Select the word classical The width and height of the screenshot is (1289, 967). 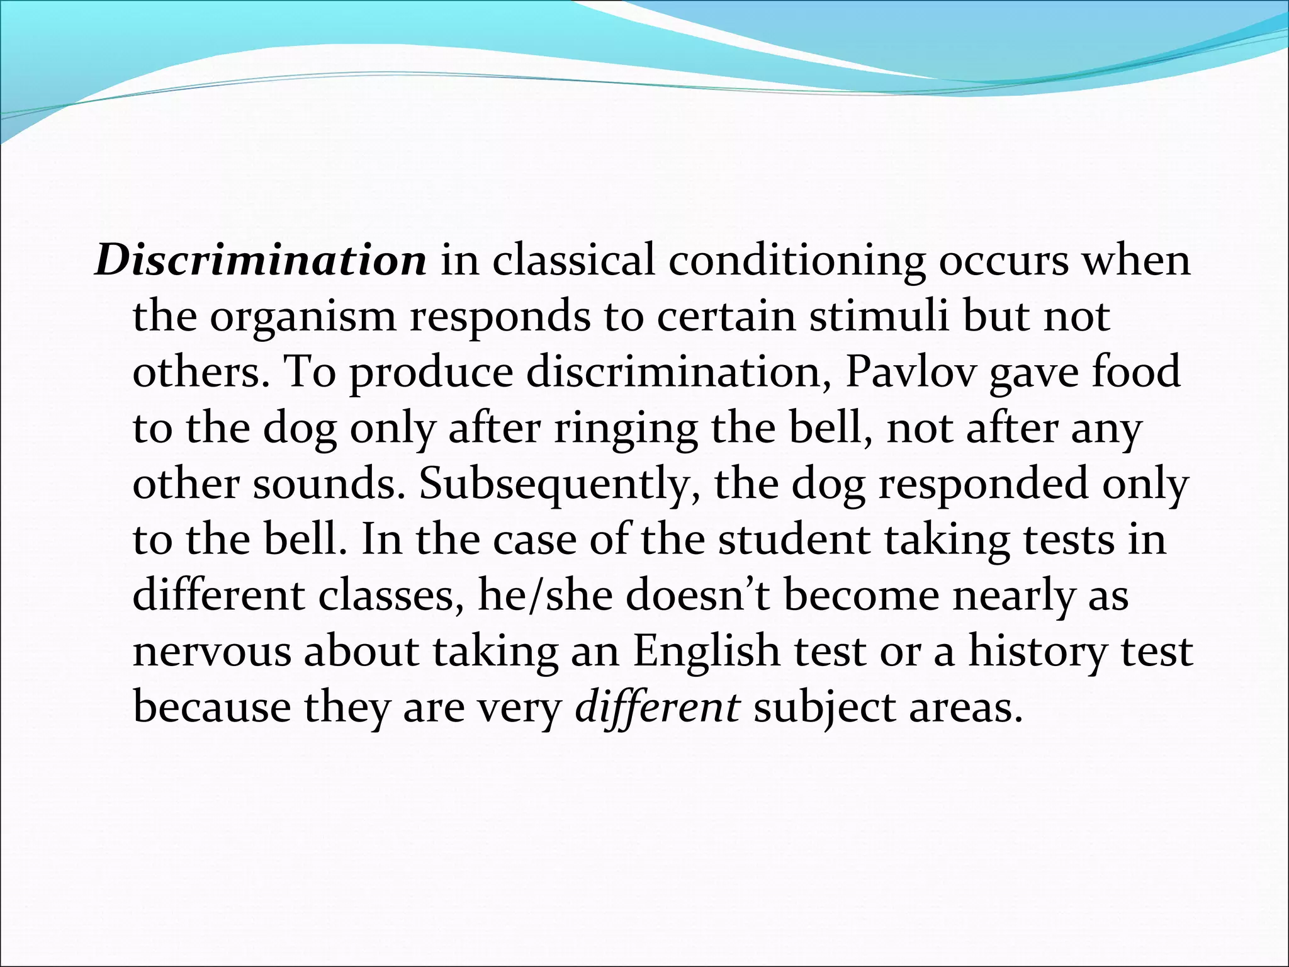click(x=573, y=261)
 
